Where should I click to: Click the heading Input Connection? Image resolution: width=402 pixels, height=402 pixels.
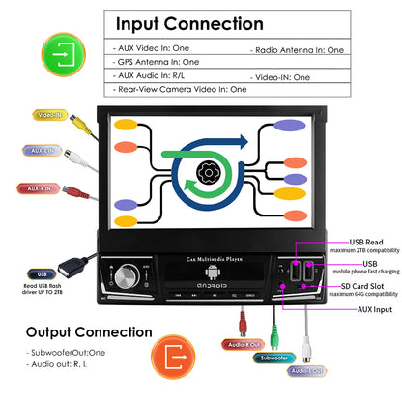[204, 23]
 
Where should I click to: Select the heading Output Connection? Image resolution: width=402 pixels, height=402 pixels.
[89, 333]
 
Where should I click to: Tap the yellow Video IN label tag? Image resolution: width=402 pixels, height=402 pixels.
[49, 114]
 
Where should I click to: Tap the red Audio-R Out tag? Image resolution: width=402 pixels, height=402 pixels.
[244, 343]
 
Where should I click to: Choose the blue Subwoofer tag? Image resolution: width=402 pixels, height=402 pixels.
[273, 358]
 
